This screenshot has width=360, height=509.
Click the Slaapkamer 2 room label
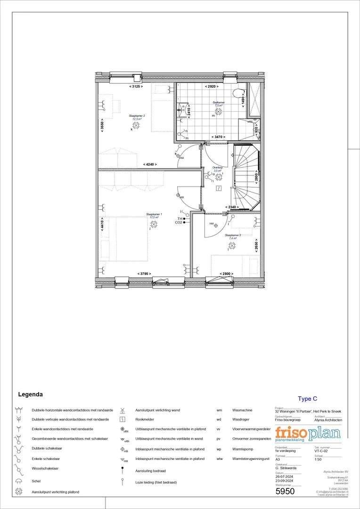click(x=137, y=116)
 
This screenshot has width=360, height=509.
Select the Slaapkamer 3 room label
click(x=233, y=235)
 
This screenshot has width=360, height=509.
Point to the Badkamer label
click(x=218, y=102)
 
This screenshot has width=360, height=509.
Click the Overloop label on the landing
click(x=217, y=168)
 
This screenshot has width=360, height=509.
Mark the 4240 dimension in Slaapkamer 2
click(x=149, y=164)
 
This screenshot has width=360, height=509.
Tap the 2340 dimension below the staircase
click(x=232, y=207)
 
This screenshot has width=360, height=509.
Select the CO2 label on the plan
click(x=179, y=222)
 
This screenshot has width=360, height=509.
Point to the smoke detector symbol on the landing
click(x=218, y=188)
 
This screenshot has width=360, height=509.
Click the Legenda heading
click(x=31, y=394)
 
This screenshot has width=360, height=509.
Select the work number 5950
click(x=285, y=491)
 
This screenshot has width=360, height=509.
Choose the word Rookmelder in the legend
click(x=146, y=419)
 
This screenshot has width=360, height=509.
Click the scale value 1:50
click(x=318, y=459)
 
